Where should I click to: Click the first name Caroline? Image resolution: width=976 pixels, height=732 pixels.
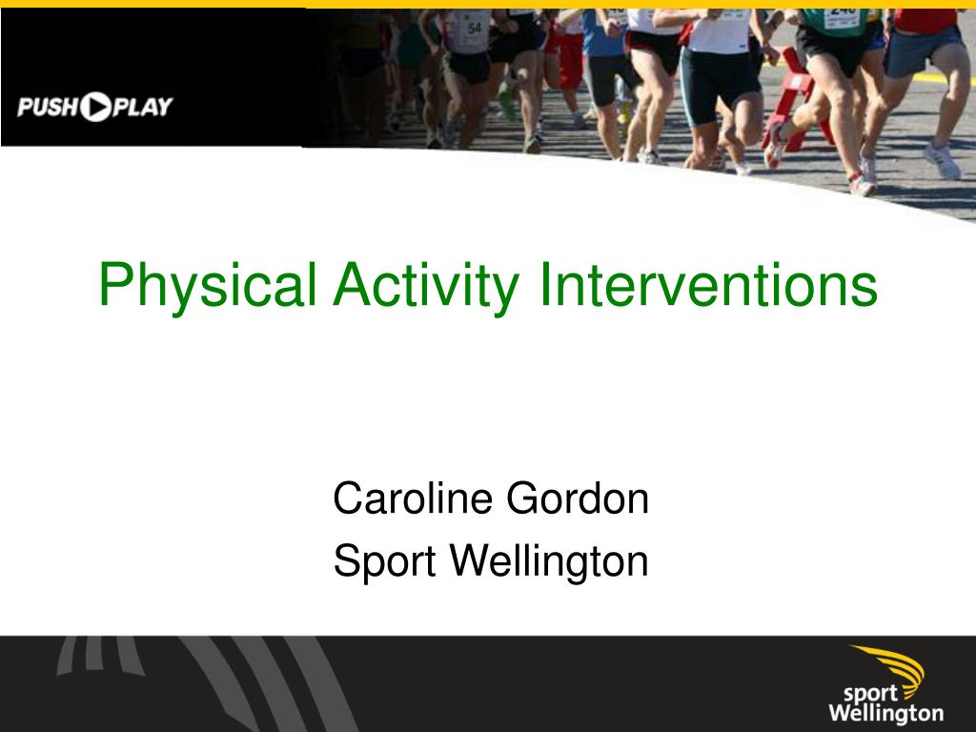tap(411, 498)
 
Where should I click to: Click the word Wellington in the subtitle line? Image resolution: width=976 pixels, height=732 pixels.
tap(547, 562)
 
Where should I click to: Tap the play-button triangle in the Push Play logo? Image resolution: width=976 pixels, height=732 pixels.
tap(96, 107)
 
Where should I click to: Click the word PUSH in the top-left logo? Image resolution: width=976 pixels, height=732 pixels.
tap(47, 107)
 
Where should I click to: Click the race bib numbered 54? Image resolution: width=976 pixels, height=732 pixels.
tap(473, 30)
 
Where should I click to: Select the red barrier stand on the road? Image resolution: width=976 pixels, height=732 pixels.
tap(796, 105)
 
